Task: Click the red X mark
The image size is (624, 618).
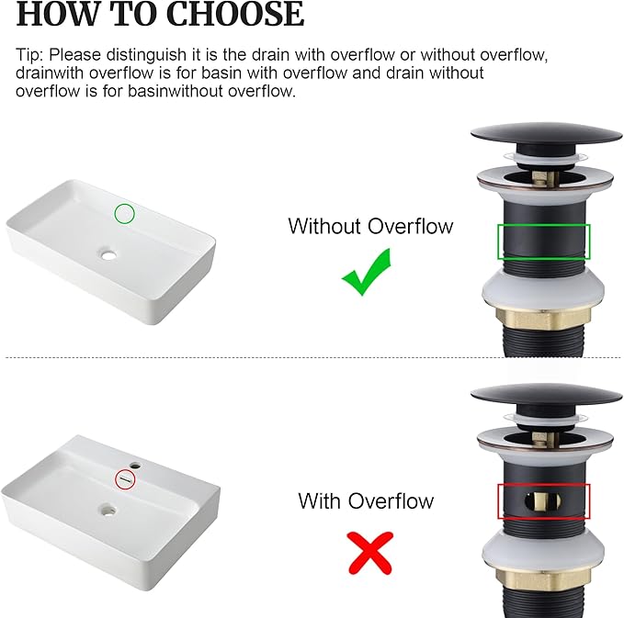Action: pos(370,553)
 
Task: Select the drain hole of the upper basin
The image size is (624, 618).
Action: pos(108,253)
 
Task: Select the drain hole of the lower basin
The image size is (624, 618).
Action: pos(108,510)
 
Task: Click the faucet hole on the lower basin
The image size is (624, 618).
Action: pos(136,465)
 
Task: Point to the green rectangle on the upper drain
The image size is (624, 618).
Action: pos(544,225)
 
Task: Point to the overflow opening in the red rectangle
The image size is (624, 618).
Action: pos(543,502)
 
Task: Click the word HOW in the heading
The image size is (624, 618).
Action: pos(57,14)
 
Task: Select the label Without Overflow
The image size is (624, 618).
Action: pos(370,226)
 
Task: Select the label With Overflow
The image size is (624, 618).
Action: pos(366,500)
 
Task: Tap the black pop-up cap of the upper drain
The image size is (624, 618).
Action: pos(546,134)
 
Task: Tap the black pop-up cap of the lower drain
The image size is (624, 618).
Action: pos(546,395)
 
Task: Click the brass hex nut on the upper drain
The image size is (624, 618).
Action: pos(543,319)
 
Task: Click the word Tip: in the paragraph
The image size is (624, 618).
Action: pos(29,55)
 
